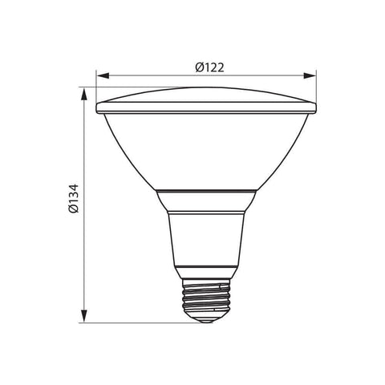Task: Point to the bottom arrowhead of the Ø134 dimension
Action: (x=83, y=319)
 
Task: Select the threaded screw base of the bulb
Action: (x=205, y=301)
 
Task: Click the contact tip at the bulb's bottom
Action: (x=205, y=320)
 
